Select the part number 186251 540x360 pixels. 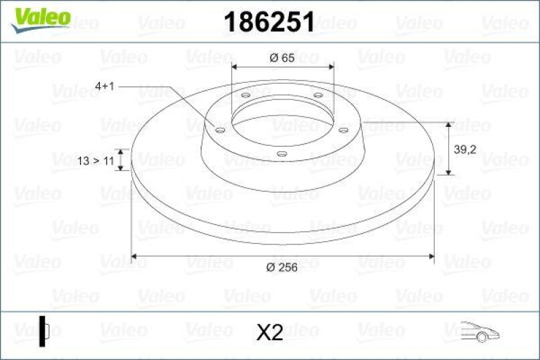(x=268, y=22)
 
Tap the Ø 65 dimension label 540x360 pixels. (x=282, y=59)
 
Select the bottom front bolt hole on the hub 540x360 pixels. (x=281, y=154)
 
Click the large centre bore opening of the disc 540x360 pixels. (x=282, y=122)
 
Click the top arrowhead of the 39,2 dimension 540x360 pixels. (x=450, y=126)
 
